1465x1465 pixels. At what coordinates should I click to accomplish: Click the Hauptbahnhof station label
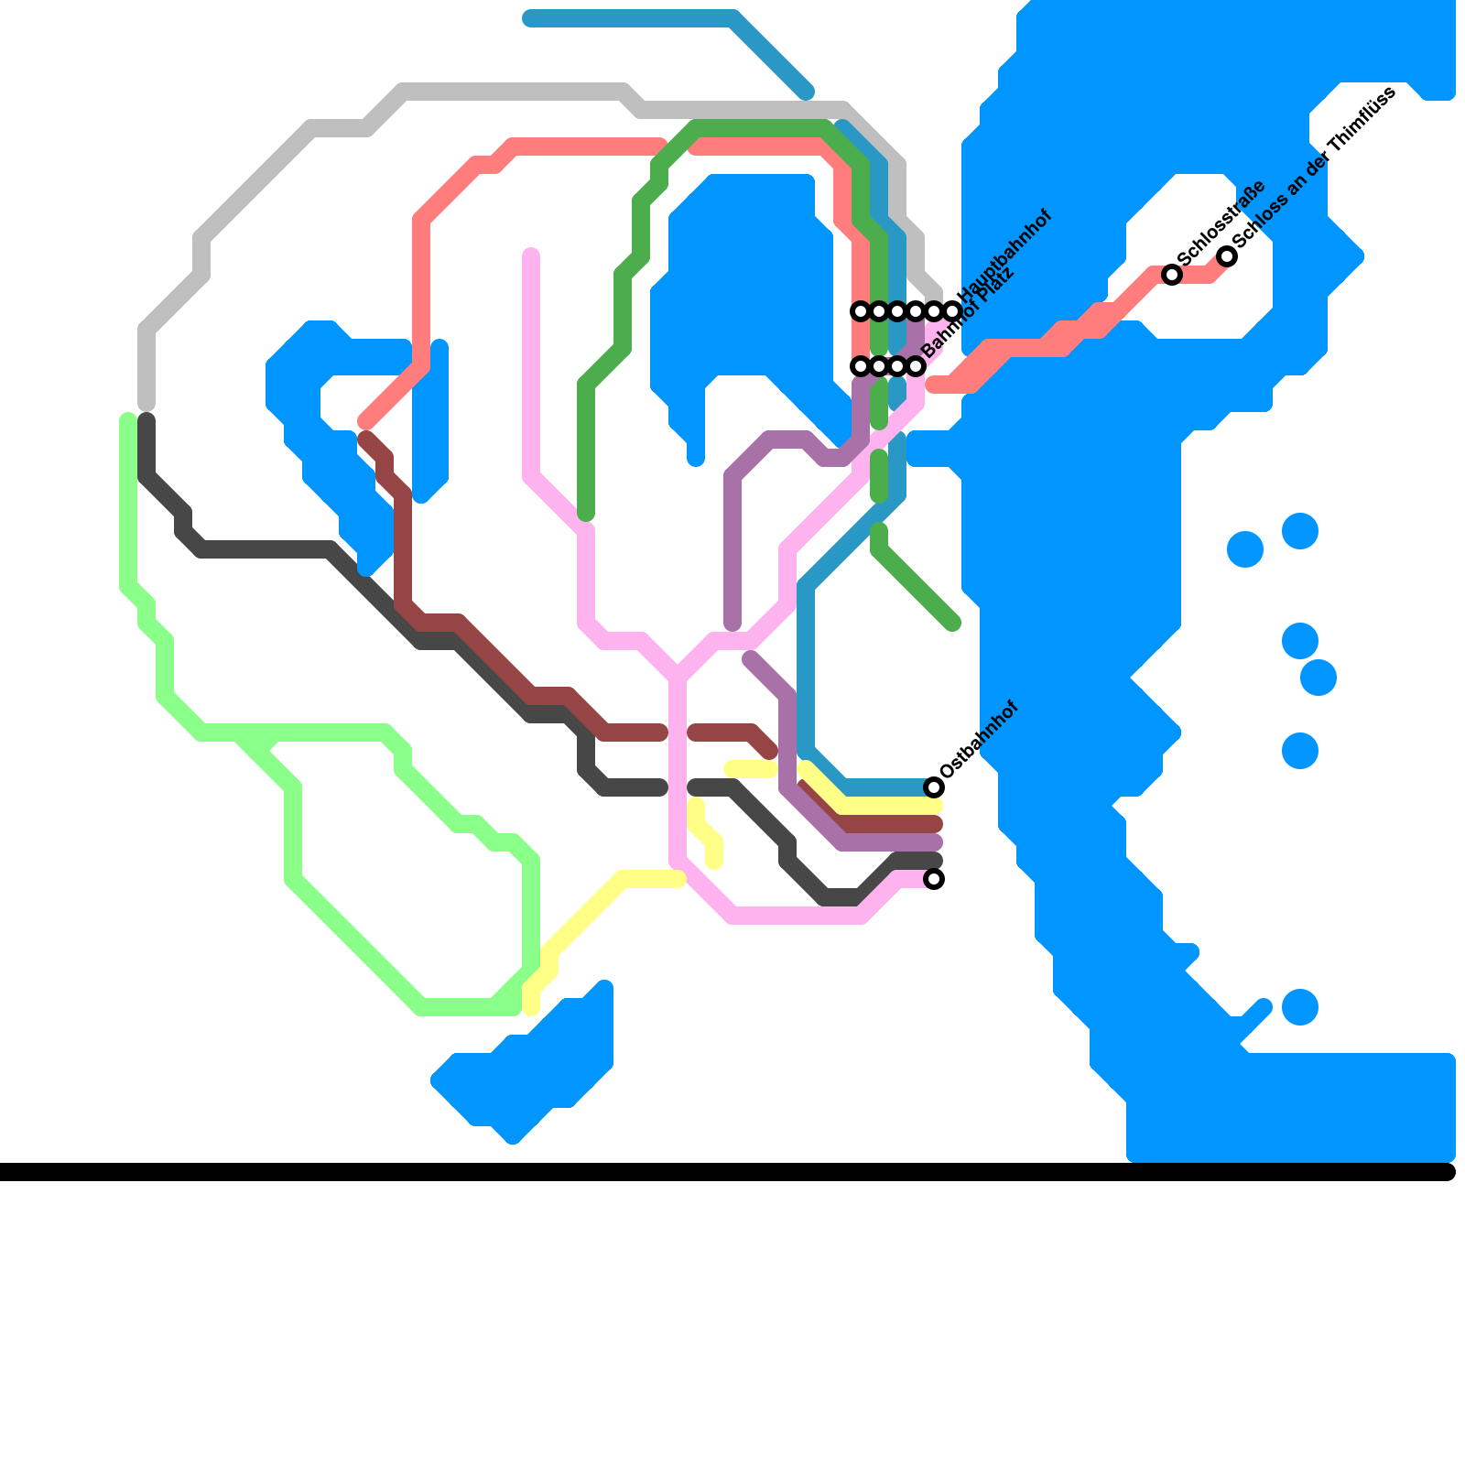(1004, 255)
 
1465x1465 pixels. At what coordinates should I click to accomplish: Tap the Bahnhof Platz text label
(968, 314)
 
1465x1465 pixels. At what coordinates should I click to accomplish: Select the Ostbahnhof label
(979, 740)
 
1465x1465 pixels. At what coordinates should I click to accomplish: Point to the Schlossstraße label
(1221, 222)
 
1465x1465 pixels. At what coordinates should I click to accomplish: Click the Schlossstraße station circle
(1171, 274)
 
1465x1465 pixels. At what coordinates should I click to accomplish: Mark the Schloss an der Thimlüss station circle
(1227, 256)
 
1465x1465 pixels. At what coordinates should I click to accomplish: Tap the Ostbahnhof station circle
(933, 787)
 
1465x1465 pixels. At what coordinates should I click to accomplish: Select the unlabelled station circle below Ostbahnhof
(933, 879)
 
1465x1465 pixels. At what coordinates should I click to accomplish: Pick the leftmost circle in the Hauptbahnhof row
(860, 311)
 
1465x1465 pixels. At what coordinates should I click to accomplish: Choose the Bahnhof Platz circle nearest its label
(916, 366)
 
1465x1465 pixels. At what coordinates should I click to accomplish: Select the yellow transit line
(586, 916)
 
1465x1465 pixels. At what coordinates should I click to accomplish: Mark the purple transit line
(732, 549)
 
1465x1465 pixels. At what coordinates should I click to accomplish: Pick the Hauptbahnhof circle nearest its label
(952, 311)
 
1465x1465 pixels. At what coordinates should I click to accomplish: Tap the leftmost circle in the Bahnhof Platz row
(860, 366)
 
